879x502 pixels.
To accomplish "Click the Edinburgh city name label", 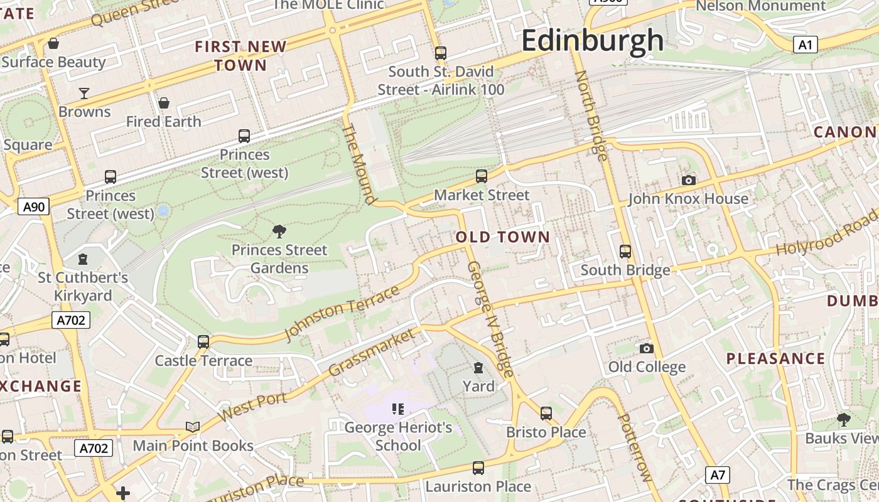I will [x=592, y=41].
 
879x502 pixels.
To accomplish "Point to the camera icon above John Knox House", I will [x=689, y=181].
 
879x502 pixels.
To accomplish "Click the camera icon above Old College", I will [x=647, y=348].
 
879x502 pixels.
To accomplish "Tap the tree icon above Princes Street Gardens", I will [x=279, y=232].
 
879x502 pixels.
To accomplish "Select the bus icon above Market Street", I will [x=482, y=176].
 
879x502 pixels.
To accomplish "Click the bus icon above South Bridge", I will [x=625, y=252].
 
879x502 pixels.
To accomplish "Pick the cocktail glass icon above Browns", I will [x=84, y=93].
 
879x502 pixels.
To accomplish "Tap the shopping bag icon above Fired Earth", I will [x=164, y=103].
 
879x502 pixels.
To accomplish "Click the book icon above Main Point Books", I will [x=193, y=427].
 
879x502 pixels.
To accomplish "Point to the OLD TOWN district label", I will [x=502, y=237].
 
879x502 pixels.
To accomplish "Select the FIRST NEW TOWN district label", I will [x=240, y=56].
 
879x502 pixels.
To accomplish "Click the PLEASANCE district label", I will [x=775, y=359].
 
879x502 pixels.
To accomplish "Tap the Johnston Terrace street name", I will [x=342, y=312].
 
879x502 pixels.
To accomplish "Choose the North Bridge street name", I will [x=591, y=115].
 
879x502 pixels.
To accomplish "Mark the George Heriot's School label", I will [x=398, y=437].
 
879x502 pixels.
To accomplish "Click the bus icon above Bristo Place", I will [x=546, y=414].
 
